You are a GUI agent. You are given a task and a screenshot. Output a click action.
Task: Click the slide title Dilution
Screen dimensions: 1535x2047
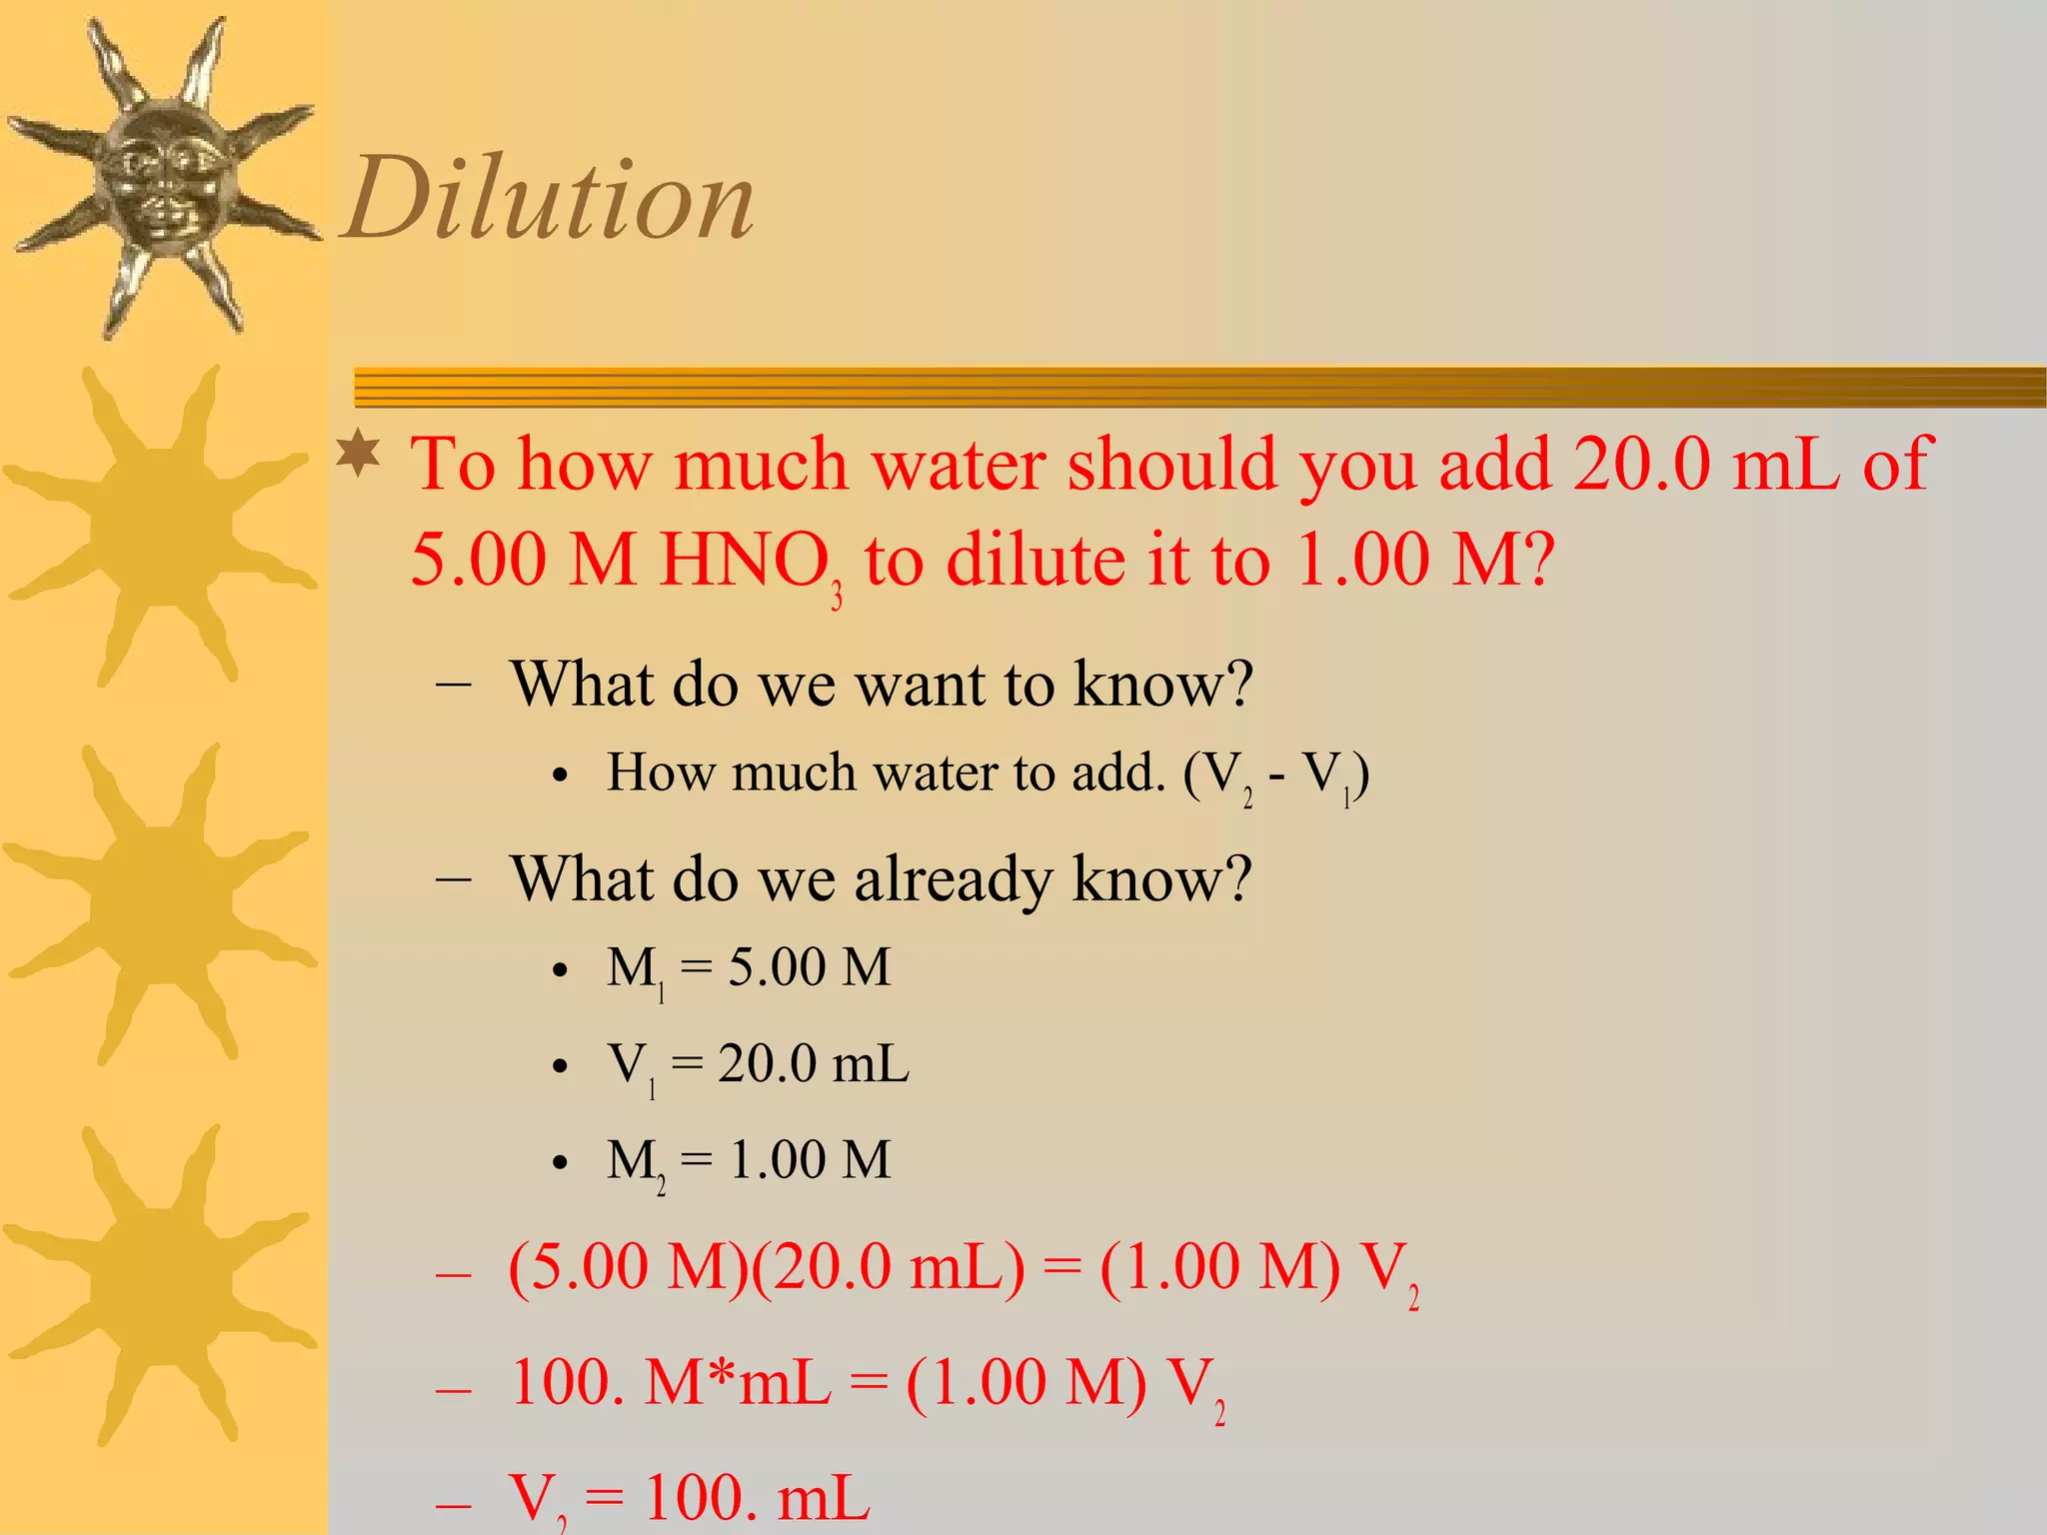tap(549, 199)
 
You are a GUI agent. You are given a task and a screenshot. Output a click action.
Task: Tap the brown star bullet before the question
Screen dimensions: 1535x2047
tap(359, 455)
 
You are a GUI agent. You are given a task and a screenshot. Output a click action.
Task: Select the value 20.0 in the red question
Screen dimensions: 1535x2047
tap(1640, 464)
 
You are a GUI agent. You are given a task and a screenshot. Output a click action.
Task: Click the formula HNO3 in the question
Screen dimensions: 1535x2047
tap(750, 562)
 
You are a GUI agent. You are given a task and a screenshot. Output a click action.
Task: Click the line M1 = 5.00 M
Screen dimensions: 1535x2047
tap(748, 968)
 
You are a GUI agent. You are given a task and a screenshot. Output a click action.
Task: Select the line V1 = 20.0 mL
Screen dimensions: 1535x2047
tap(758, 1064)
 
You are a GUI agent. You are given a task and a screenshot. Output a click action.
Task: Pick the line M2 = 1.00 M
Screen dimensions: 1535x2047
tap(748, 1161)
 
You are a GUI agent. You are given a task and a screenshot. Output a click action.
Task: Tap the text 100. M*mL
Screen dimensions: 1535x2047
tap(670, 1383)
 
